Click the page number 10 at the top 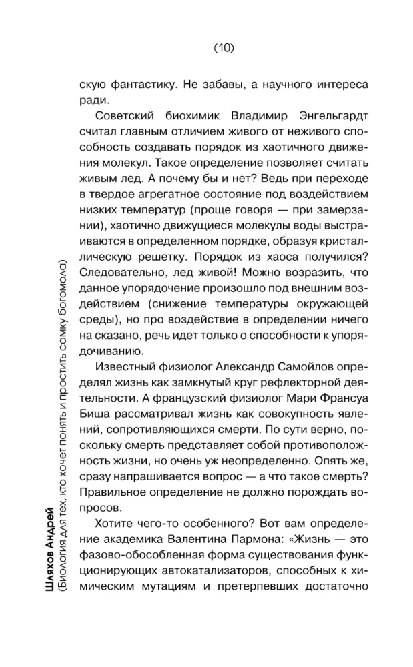pyautogui.click(x=223, y=48)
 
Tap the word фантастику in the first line pyautogui.click(x=150, y=85)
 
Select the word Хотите pyautogui.click(x=115, y=524)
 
